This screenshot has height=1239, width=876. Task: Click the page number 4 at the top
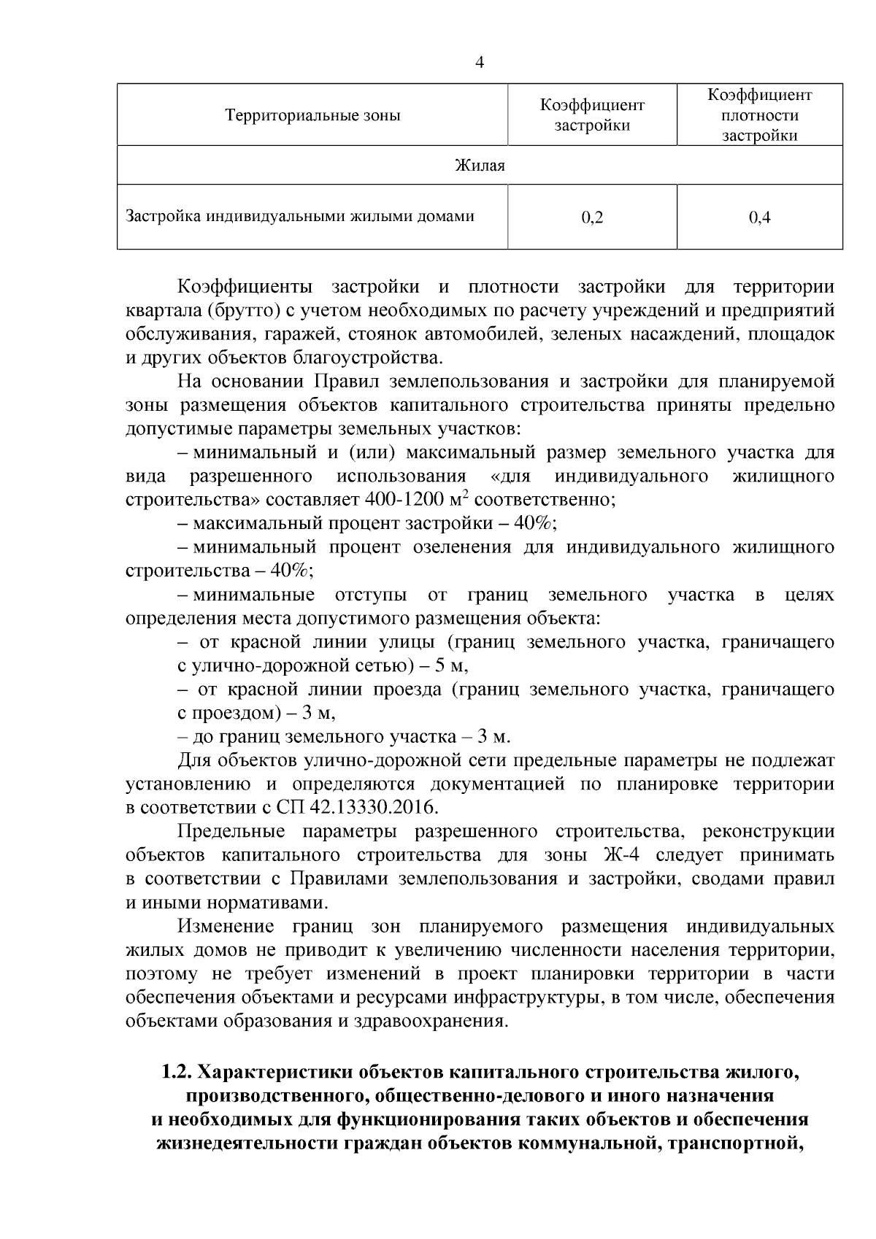pyautogui.click(x=480, y=63)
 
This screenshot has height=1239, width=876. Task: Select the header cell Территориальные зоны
pyautogui.click(x=312, y=115)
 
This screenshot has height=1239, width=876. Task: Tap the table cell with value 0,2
pyautogui.click(x=592, y=217)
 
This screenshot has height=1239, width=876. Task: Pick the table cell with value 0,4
pyautogui.click(x=759, y=217)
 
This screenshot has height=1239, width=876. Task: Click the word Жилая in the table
pyautogui.click(x=480, y=166)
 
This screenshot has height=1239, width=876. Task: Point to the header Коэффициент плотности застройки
pyautogui.click(x=759, y=115)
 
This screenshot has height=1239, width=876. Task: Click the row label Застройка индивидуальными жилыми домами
pyautogui.click(x=300, y=217)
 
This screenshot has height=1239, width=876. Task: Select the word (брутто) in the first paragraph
pyautogui.click(x=241, y=310)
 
